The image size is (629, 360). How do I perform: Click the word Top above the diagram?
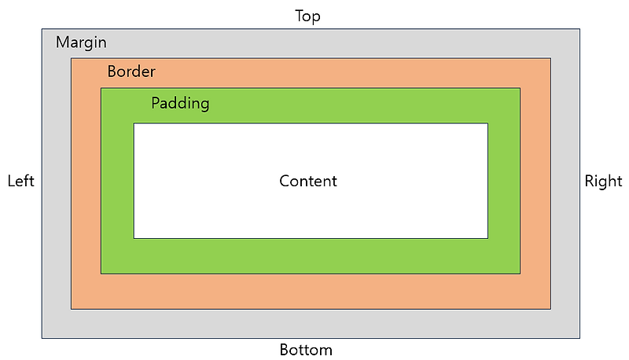pyautogui.click(x=307, y=16)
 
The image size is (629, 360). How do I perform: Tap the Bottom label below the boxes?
pyautogui.click(x=306, y=350)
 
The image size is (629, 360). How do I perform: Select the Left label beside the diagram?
pyautogui.click(x=20, y=182)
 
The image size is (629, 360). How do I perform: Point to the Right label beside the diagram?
pyautogui.click(x=603, y=182)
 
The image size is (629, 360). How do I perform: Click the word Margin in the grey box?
pyautogui.click(x=81, y=42)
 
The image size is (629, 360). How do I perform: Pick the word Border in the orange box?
pyautogui.click(x=131, y=72)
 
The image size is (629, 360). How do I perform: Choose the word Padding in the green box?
pyautogui.click(x=180, y=104)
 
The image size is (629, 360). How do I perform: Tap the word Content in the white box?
pyautogui.click(x=308, y=181)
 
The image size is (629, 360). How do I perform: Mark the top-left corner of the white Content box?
pyautogui.click(x=134, y=123)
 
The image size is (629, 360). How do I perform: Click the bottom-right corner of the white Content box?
pyautogui.click(x=487, y=237)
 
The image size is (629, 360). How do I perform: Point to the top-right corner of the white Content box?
pyautogui.click(x=487, y=123)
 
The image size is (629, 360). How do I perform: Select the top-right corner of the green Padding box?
pyautogui.click(x=520, y=88)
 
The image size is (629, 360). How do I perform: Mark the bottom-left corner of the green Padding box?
pyautogui.click(x=101, y=274)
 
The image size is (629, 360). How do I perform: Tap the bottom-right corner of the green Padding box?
pyautogui.click(x=520, y=274)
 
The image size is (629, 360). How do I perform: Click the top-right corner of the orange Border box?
pyautogui.click(x=550, y=57)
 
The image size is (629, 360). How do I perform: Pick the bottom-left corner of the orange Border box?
pyautogui.click(x=72, y=309)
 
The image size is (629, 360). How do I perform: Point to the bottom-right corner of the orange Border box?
pyautogui.click(x=550, y=309)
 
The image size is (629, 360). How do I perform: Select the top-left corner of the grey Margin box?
pyautogui.click(x=42, y=29)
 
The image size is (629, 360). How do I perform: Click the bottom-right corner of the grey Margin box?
pyautogui.click(x=579, y=338)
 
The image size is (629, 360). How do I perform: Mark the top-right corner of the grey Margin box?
pyautogui.click(x=579, y=29)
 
